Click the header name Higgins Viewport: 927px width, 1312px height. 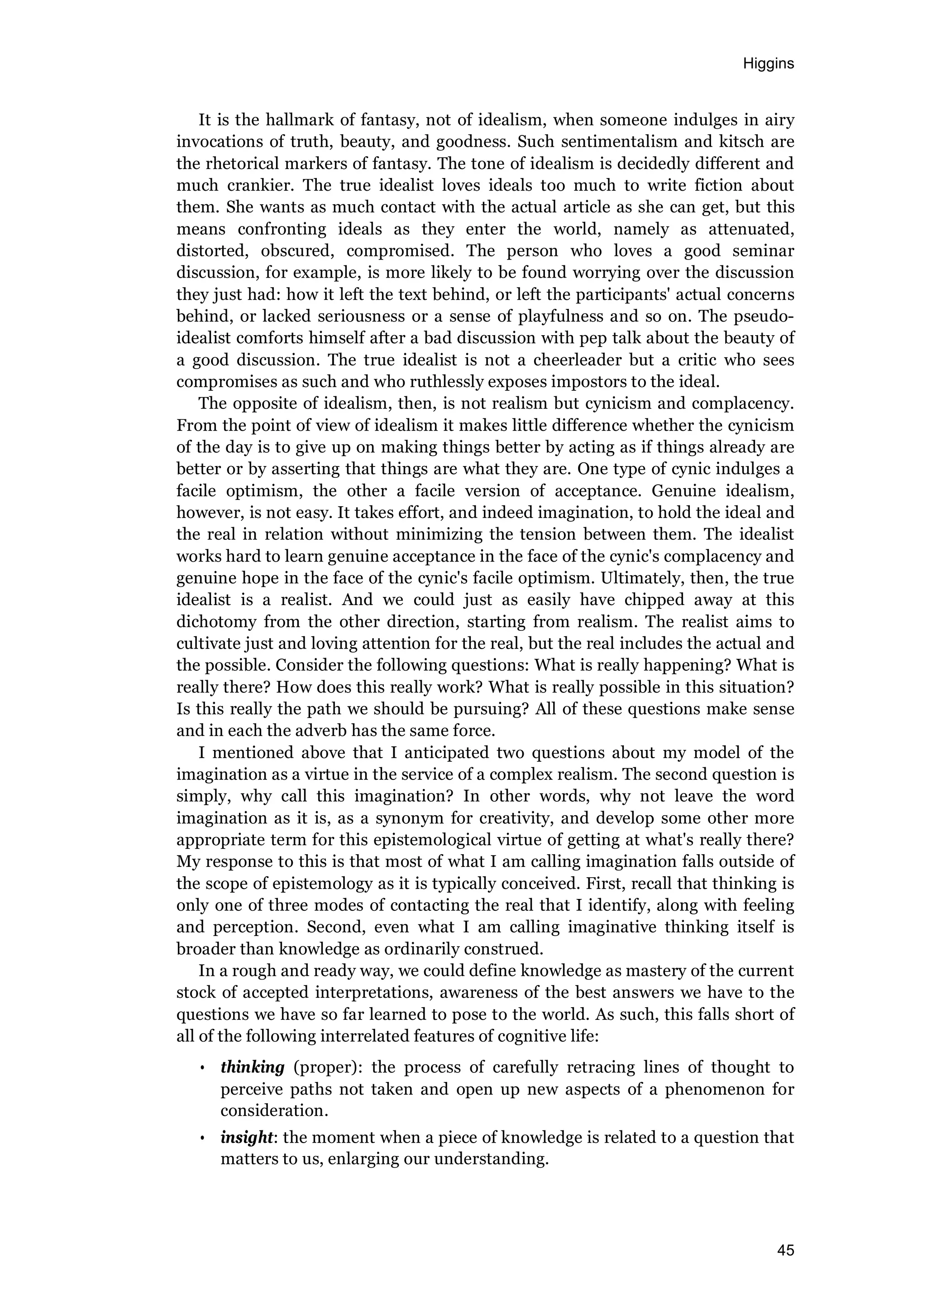[x=768, y=64]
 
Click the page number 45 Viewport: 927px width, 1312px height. [x=785, y=1250]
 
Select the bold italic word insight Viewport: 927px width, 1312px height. [x=247, y=1149]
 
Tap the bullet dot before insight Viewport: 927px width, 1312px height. [x=202, y=1149]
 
